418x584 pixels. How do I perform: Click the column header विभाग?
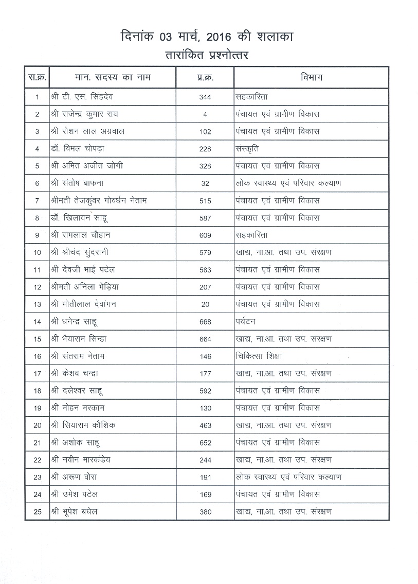[x=311, y=78]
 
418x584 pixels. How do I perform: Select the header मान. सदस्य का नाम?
[x=112, y=78]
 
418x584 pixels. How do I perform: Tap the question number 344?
[x=205, y=97]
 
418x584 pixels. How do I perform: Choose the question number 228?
[x=205, y=149]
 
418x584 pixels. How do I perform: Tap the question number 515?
[x=205, y=201]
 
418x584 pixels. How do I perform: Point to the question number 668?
[x=205, y=322]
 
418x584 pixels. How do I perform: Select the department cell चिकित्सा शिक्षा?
[x=259, y=356]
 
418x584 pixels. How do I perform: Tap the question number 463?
[x=205, y=425]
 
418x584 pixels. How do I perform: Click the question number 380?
[x=205, y=512]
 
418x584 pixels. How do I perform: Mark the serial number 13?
[x=37, y=304]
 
